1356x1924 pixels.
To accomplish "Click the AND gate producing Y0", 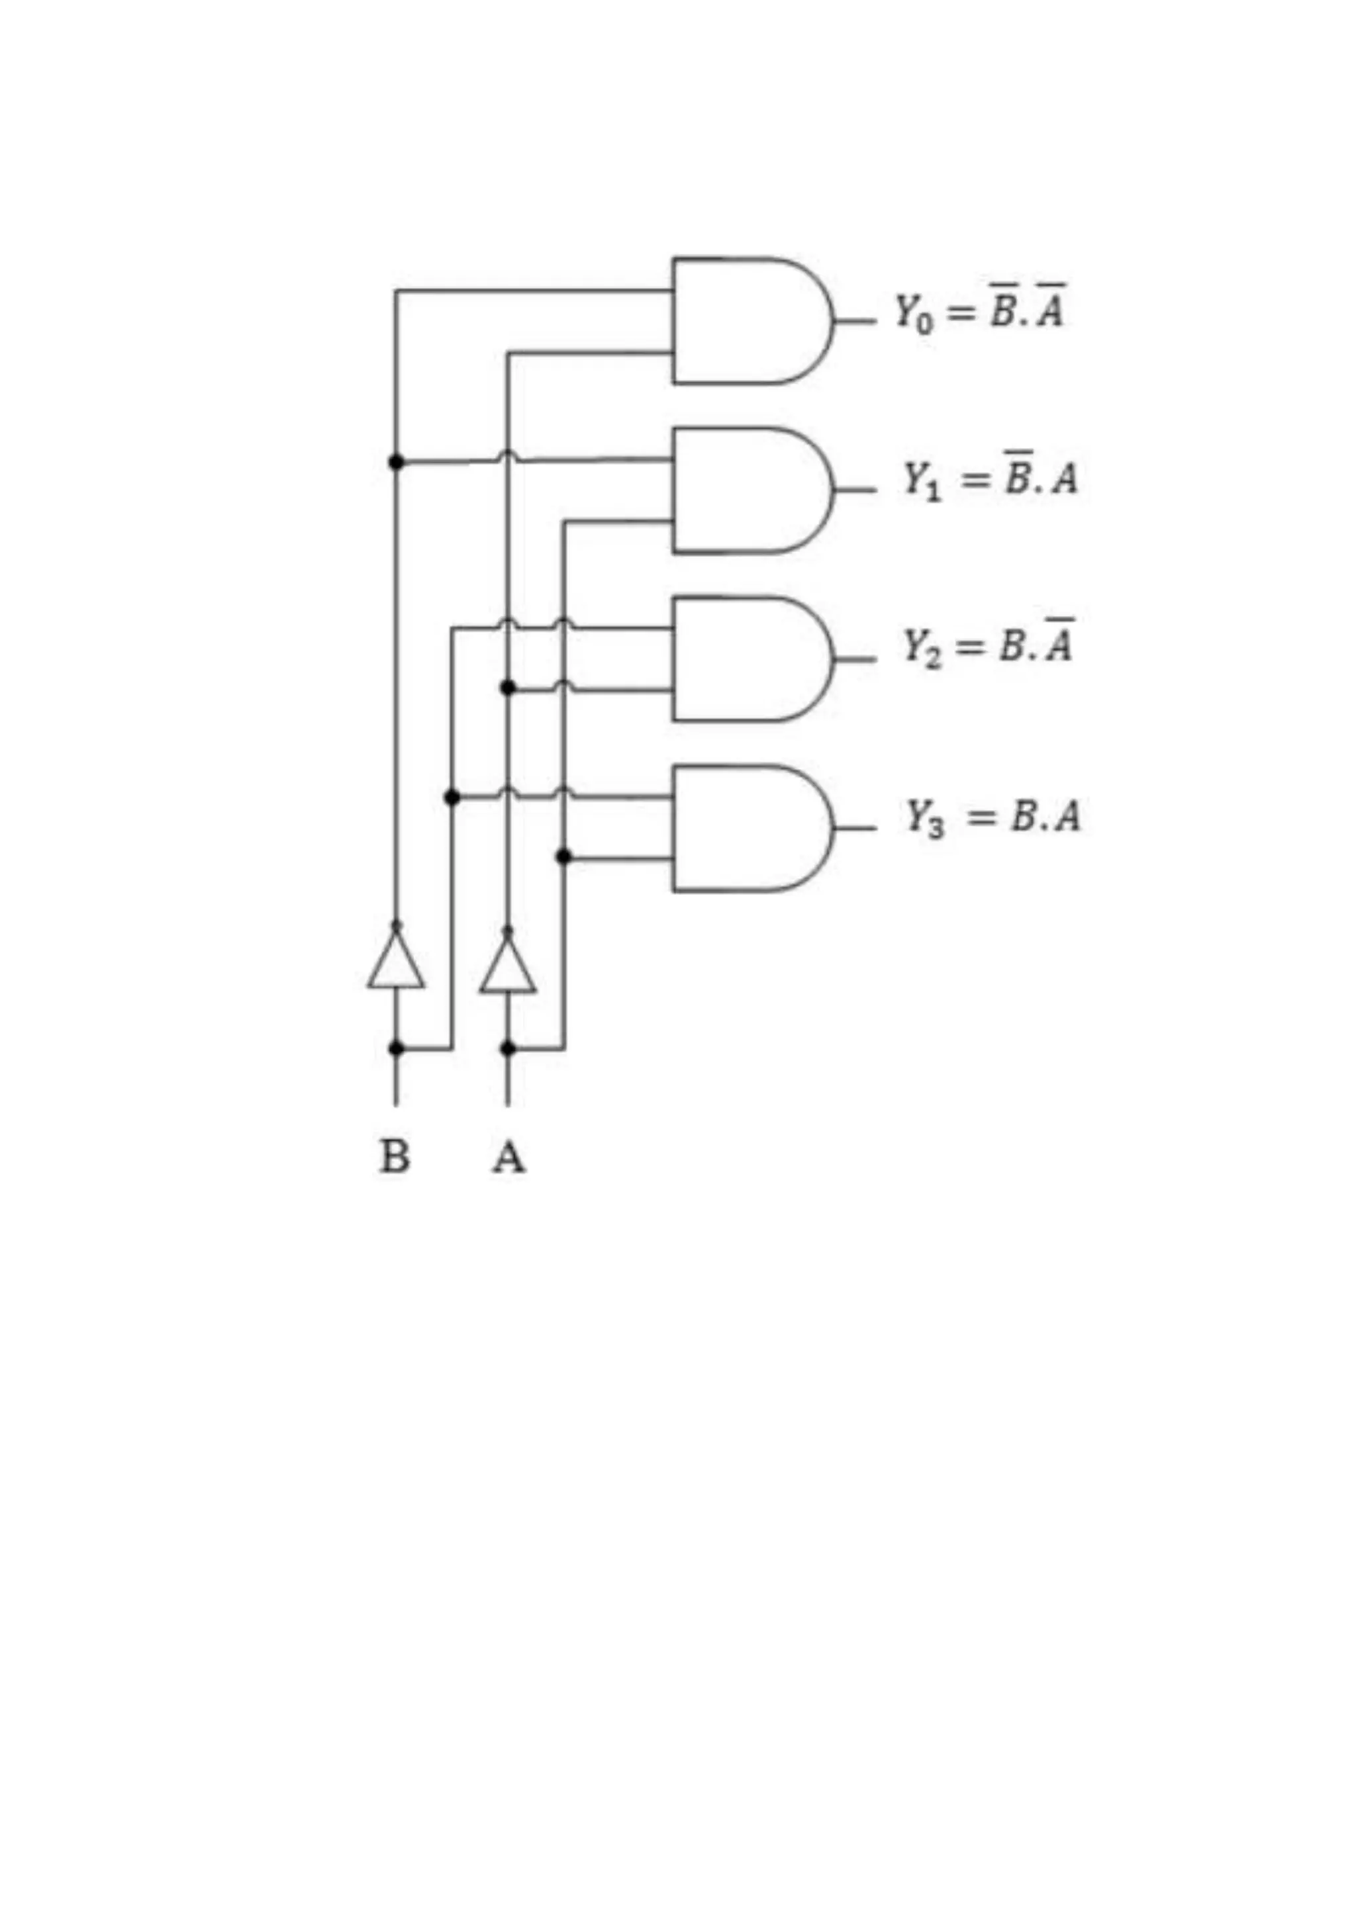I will point(750,320).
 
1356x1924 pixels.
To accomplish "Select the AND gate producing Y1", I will point(750,490).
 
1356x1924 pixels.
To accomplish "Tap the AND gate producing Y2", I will point(750,659).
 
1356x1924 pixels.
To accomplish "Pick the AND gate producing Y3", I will point(750,828).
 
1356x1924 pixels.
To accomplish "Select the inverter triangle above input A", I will point(508,968).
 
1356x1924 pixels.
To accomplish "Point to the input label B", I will point(395,1158).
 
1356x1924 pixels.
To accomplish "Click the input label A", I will point(508,1158).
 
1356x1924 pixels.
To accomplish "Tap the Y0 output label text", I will point(979,311).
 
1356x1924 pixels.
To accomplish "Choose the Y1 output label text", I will point(989,479).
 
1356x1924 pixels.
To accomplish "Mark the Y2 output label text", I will point(987,645).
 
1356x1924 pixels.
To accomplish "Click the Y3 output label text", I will point(993,816).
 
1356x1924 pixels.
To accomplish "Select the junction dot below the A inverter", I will point(508,1048).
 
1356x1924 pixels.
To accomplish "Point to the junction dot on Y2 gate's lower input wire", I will point(508,688).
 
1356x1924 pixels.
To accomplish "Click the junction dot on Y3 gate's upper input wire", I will point(452,798).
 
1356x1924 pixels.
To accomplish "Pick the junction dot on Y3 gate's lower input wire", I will point(563,856).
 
